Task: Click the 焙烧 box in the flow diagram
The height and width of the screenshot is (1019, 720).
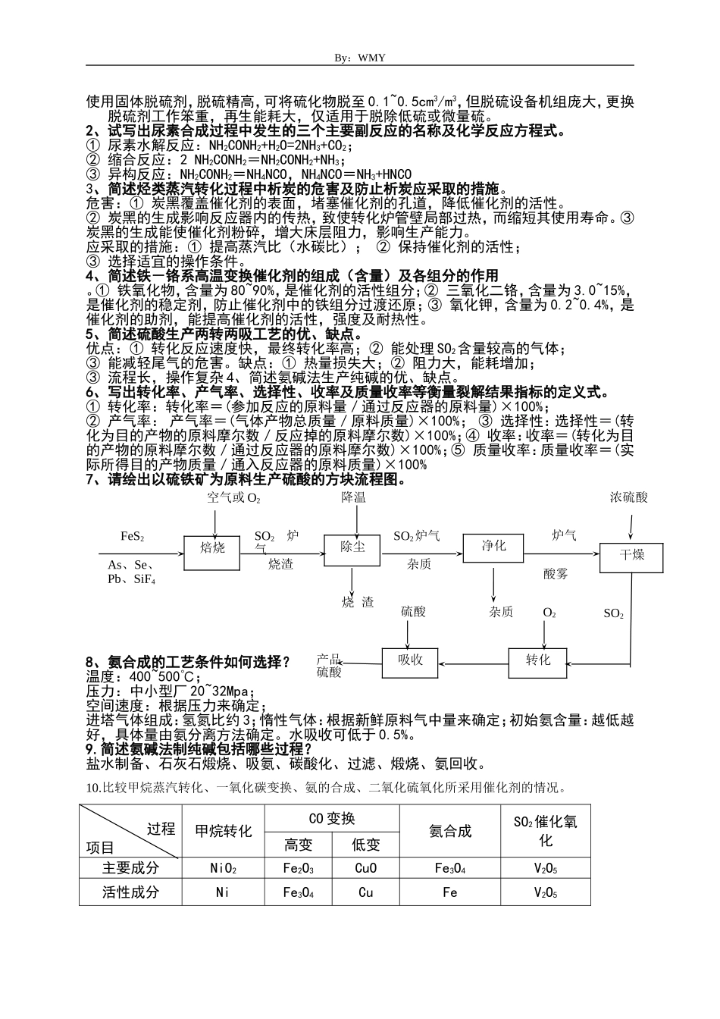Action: click(212, 549)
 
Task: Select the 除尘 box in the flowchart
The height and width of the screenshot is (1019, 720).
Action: click(352, 549)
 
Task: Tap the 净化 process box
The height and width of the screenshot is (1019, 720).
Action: click(493, 547)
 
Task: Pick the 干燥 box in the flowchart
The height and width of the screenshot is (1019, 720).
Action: click(631, 557)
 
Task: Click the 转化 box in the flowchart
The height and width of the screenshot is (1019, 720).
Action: click(537, 661)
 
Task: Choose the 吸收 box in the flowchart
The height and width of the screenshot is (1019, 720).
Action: click(410, 661)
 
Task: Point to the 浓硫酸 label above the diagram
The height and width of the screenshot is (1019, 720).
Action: click(629, 498)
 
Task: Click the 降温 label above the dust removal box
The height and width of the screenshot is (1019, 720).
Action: click(353, 498)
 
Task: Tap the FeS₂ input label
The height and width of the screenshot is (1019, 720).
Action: click(133, 537)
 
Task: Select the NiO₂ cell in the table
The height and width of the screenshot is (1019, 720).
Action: click(223, 869)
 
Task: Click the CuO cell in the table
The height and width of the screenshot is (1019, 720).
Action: click(365, 869)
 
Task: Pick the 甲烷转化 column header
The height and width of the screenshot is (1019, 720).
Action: click(223, 832)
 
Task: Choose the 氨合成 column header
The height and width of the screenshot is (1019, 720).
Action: click(449, 832)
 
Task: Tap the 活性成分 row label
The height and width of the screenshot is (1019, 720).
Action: click(130, 892)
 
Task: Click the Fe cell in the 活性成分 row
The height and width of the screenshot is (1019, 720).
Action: click(449, 892)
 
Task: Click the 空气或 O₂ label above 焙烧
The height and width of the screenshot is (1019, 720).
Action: click(233, 498)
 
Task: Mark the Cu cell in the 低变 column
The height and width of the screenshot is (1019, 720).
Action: click(365, 892)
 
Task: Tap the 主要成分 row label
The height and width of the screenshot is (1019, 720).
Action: click(130, 869)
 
